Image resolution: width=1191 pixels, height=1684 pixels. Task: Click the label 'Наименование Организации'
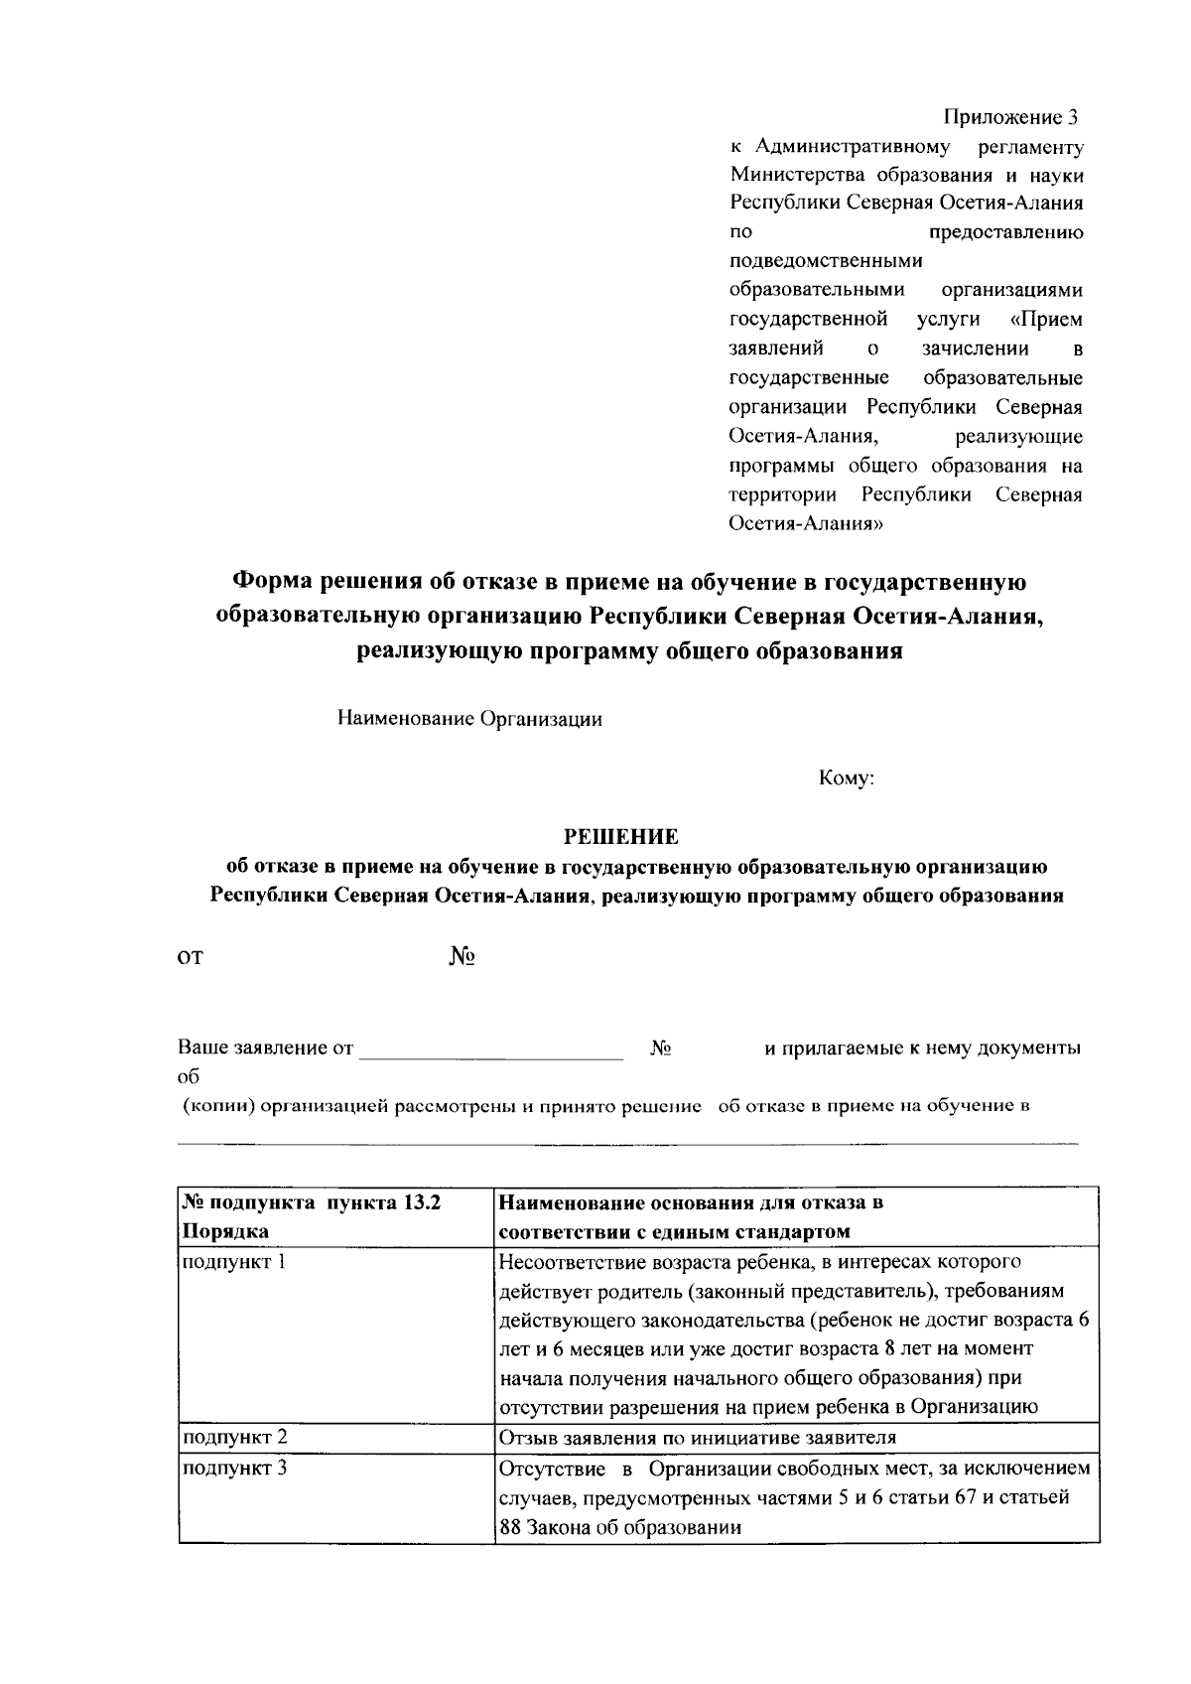469,719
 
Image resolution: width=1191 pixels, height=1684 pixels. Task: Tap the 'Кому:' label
846,779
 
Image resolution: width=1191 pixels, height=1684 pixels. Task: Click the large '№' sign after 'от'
462,957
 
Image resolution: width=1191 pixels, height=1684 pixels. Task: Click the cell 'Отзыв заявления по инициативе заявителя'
697,1437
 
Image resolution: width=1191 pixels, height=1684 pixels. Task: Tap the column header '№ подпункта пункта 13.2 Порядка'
310,1216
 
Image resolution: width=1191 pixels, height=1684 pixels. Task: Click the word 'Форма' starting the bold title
270,581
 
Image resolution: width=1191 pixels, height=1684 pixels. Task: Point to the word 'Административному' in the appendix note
853,148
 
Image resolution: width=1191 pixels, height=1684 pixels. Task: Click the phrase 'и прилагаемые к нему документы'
922,1049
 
